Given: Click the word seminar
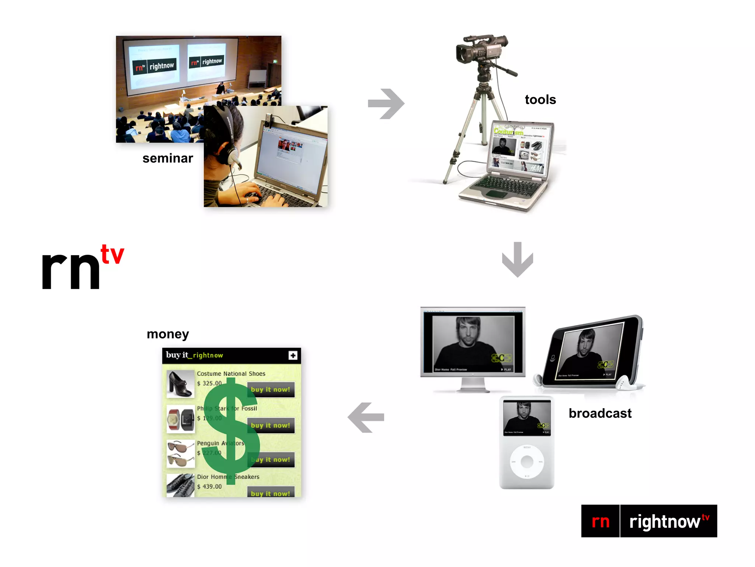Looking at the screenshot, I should click(168, 158).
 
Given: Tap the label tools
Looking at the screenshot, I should click(540, 100).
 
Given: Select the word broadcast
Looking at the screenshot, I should click(600, 413).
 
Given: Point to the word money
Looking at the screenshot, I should click(168, 334).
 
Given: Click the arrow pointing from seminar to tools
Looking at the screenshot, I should click(386, 104).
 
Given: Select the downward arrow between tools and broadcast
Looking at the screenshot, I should click(518, 260).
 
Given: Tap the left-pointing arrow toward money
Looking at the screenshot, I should click(366, 417).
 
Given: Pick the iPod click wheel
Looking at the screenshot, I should click(527, 461).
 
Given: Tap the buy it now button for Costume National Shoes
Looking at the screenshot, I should click(271, 390).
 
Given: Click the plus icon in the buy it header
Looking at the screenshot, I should click(293, 355).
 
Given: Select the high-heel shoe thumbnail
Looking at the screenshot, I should click(180, 384).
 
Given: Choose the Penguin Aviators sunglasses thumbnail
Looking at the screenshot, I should click(180, 453).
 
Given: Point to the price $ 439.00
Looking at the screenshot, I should click(209, 487).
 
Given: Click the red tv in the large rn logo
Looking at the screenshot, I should click(112, 254).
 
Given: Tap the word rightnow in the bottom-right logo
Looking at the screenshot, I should click(664, 522).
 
